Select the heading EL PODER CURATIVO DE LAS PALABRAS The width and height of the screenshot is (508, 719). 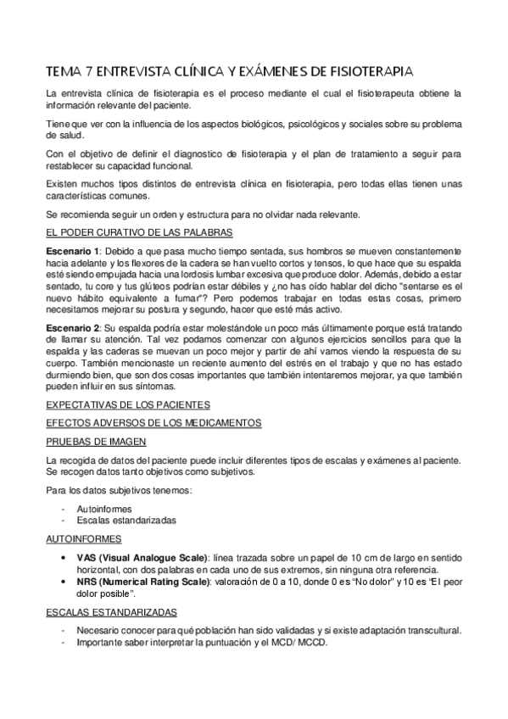click(x=138, y=231)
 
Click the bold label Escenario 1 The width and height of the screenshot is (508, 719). click(x=72, y=252)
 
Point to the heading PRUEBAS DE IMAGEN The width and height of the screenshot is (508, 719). click(x=96, y=441)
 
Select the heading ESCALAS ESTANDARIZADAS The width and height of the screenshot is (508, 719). click(x=111, y=610)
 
